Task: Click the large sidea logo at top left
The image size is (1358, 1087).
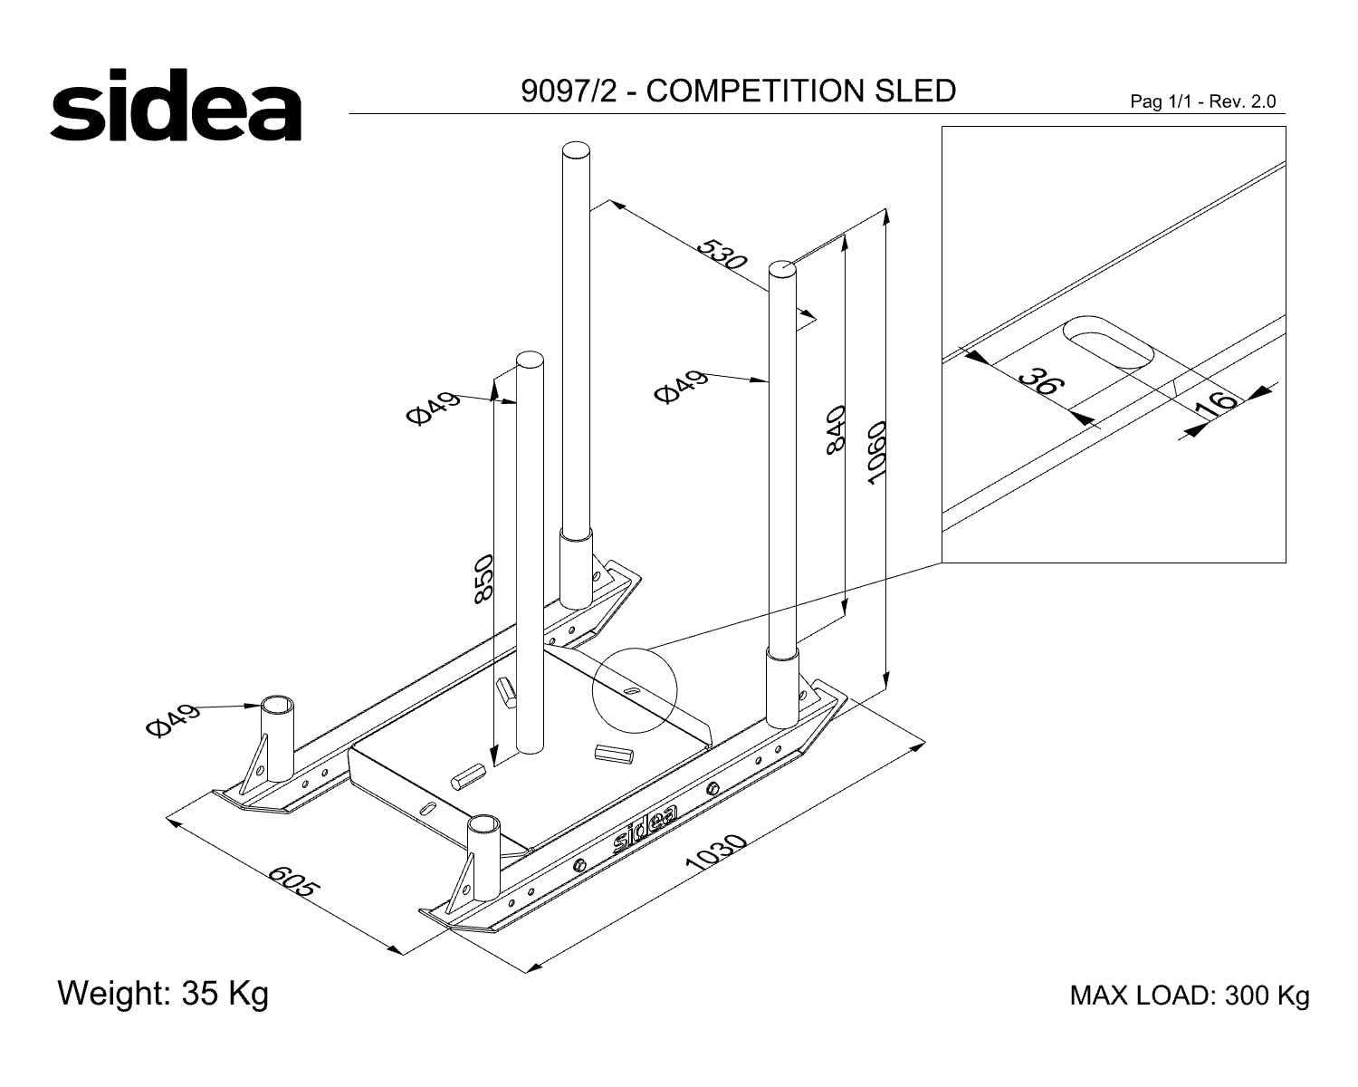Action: click(x=176, y=104)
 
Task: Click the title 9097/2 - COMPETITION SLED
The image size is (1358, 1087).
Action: click(x=738, y=91)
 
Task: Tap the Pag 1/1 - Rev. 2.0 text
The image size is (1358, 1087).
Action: click(x=1203, y=101)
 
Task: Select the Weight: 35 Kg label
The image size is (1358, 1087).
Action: click(x=163, y=994)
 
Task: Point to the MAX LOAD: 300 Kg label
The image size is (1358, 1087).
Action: click(x=1190, y=996)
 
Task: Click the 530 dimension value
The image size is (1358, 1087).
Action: click(x=722, y=254)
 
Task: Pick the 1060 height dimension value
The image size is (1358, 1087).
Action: click(x=876, y=453)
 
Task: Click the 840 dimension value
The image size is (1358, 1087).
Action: click(x=836, y=430)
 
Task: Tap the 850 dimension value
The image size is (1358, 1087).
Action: click(x=483, y=579)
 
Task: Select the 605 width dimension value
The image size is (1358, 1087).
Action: click(x=294, y=881)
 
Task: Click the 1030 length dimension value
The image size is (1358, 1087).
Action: click(x=715, y=851)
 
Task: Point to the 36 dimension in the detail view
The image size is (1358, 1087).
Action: click(x=1042, y=382)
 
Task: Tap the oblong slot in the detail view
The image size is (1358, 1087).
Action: click(x=1108, y=341)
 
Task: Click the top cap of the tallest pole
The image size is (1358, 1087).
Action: click(x=576, y=150)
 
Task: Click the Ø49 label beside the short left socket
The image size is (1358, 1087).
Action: click(x=172, y=720)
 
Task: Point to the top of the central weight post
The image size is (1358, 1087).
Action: click(x=530, y=360)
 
